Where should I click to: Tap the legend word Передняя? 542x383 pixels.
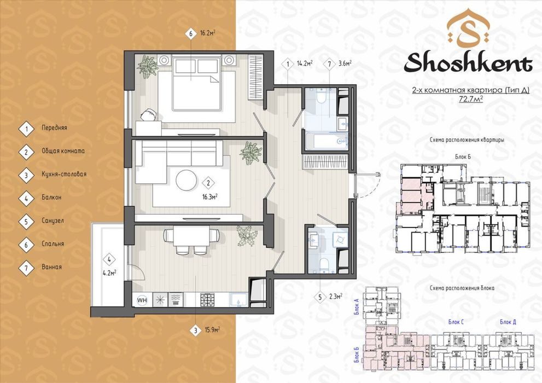click(x=54, y=128)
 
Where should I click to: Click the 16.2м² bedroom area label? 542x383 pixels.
click(x=208, y=33)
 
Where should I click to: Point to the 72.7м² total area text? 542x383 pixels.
click(x=470, y=99)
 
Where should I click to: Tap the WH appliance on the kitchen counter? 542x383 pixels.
click(x=142, y=300)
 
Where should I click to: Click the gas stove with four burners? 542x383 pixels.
click(x=208, y=299)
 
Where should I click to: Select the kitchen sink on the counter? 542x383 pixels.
click(x=238, y=299)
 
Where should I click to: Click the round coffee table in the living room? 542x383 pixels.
click(x=187, y=180)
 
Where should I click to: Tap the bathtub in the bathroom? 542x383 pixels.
click(x=327, y=141)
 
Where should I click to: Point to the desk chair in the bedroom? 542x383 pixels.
click(x=149, y=114)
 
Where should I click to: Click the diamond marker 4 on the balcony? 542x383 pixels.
click(x=109, y=259)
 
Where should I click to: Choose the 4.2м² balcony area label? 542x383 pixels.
click(x=109, y=272)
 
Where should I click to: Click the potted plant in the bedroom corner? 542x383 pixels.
click(x=148, y=66)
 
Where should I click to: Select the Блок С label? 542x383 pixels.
click(x=456, y=322)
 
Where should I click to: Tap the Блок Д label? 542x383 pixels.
click(x=508, y=322)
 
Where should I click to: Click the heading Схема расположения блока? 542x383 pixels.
click(x=462, y=288)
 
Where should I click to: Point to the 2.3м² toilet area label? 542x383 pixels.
click(x=336, y=296)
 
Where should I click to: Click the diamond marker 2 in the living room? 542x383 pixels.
click(x=208, y=183)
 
